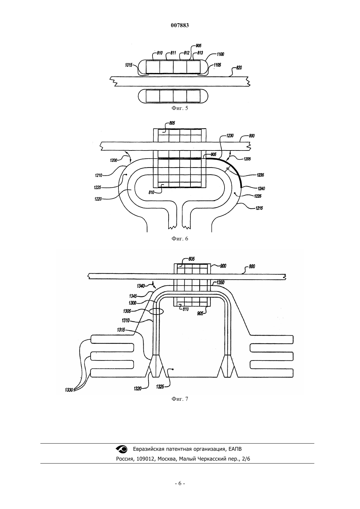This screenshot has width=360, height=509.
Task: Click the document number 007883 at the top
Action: pos(180,26)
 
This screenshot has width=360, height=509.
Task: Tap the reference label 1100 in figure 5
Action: pos(220,54)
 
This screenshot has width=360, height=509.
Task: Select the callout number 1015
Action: pos(128,65)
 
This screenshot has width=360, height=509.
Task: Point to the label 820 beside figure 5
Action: pos(239,68)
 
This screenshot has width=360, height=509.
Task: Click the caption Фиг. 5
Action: pos(180,108)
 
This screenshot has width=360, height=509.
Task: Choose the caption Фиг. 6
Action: pos(180,238)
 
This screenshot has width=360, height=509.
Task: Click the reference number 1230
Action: pos(230,136)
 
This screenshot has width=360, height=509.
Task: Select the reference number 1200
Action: pos(114,160)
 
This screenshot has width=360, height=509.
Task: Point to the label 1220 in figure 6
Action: pos(98,199)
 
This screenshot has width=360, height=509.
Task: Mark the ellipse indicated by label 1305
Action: pos(156,311)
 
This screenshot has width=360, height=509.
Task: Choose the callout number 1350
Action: pos(220,283)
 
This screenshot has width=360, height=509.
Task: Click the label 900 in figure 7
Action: pos(223,266)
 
